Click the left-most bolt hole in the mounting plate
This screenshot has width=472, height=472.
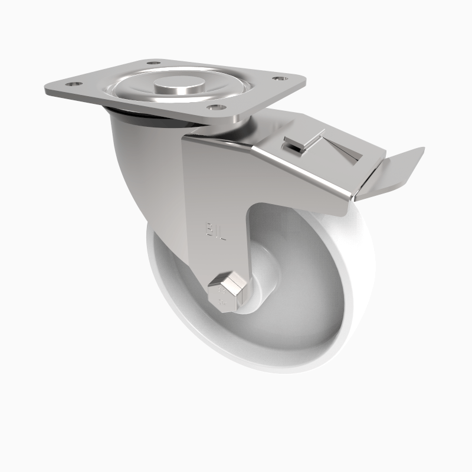(x=74, y=84)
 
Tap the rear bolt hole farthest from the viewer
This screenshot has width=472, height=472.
(x=153, y=63)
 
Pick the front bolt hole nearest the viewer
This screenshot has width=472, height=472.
(x=216, y=107)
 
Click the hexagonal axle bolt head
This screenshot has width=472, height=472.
(x=226, y=291)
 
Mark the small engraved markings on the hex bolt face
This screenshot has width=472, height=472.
(x=222, y=294)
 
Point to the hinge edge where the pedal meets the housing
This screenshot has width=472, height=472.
(x=360, y=189)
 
